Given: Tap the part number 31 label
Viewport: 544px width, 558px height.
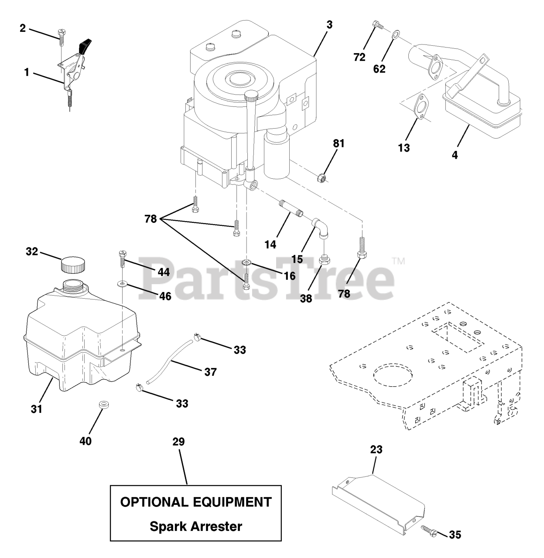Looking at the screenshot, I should [37, 409].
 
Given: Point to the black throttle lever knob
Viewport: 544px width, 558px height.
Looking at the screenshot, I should [86, 46].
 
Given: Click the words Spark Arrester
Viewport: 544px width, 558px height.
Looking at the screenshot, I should [195, 526].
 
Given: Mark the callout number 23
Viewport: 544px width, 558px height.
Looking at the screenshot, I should [376, 449].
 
